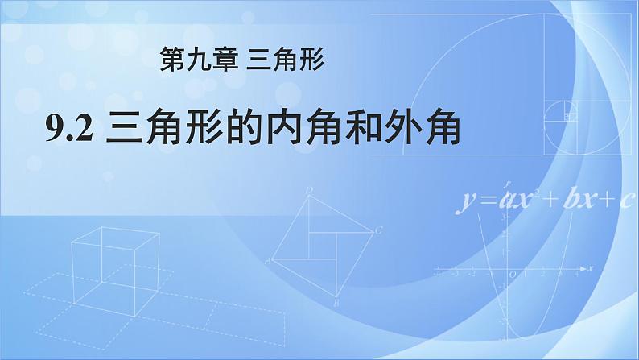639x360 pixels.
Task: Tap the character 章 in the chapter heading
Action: pos(225,59)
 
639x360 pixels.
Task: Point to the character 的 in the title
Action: pos(244,128)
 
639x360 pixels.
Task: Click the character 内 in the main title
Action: pos(283,128)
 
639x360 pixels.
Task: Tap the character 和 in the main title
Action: pos(363,128)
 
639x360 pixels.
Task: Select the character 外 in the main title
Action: pos(402,128)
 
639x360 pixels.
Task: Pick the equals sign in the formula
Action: pos(489,200)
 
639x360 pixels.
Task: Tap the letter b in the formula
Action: pos(573,197)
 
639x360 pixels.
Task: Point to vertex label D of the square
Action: pos(309,189)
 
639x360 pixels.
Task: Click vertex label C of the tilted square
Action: pos(378,230)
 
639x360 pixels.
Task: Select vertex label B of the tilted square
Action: pos(336,303)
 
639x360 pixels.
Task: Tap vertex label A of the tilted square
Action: pos(268,261)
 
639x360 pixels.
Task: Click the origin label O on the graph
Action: pos(513,275)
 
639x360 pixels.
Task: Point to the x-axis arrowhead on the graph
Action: pos(583,269)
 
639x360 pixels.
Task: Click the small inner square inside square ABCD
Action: pos(323,245)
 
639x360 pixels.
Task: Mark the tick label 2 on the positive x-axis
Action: pos(542,275)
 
